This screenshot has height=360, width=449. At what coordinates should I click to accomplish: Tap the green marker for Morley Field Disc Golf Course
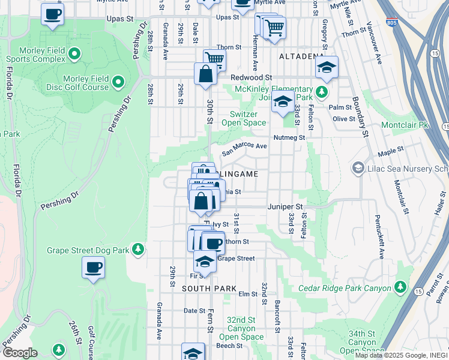coord(118,81)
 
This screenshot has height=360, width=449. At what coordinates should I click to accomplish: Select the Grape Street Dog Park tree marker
coord(138,248)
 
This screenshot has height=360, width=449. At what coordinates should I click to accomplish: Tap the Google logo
coord(20,353)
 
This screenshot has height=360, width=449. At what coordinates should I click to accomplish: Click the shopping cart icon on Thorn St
coord(214,59)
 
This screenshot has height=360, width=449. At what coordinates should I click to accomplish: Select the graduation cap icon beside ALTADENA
coord(327,67)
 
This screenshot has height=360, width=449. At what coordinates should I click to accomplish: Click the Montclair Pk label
coord(406,125)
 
